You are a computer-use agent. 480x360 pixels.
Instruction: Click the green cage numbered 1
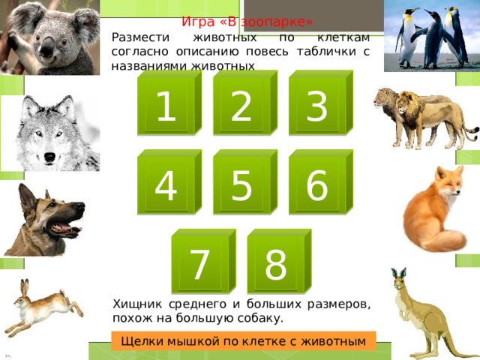coord(169,103)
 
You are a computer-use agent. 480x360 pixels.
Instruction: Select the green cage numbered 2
coord(245,103)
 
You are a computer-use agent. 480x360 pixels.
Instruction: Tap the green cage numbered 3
coord(321,103)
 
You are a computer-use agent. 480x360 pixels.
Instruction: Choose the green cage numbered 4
coord(169,181)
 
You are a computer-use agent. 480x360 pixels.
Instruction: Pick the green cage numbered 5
coord(245,181)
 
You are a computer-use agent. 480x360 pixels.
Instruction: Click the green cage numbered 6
coord(321,181)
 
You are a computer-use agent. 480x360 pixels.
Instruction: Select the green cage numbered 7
coord(203,261)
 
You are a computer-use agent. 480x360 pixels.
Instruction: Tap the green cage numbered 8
coord(279,261)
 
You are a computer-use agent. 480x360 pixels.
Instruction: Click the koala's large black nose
coord(46,48)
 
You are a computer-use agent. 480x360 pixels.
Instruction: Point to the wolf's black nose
coord(49,157)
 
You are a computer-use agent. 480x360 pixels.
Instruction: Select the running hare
coord(43,307)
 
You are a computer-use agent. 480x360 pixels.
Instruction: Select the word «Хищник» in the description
coord(137,304)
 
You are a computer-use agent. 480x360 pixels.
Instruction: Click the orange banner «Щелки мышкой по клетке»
coord(243,340)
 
